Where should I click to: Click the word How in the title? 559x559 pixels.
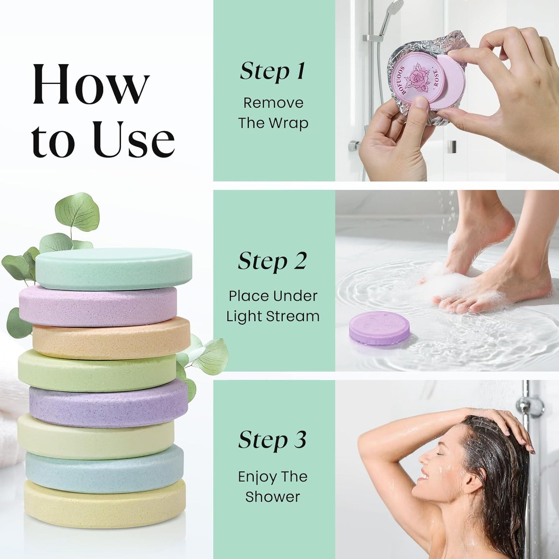(91, 85)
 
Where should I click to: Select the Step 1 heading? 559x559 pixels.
(272, 72)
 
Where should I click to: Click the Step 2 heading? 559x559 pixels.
(272, 261)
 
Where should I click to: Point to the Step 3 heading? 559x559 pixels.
(272, 440)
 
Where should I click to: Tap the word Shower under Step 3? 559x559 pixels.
(272, 497)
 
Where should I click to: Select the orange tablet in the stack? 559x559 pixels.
(111, 337)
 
